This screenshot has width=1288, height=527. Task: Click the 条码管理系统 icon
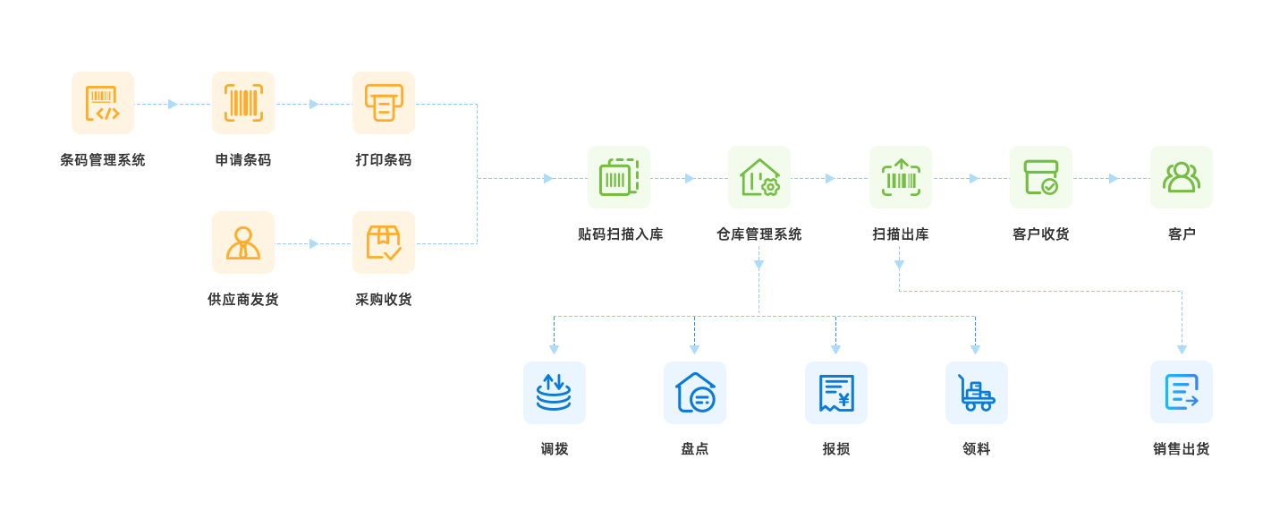(x=103, y=103)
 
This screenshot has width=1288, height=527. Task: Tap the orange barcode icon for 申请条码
(x=243, y=103)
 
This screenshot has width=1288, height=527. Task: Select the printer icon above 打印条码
(x=384, y=103)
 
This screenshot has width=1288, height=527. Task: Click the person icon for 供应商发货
(x=243, y=242)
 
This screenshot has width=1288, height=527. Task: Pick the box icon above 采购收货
(x=384, y=242)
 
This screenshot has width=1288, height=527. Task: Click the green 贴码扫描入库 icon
(x=619, y=177)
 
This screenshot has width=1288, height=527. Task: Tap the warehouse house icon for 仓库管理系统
(x=759, y=177)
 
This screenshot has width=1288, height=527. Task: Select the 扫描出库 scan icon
(x=901, y=177)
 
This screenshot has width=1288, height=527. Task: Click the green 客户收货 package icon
(x=1041, y=177)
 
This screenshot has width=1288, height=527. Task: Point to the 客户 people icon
(x=1182, y=177)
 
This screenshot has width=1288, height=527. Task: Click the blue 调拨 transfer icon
(x=555, y=393)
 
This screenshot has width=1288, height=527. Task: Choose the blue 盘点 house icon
(x=695, y=393)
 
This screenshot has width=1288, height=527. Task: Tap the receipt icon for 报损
(x=836, y=393)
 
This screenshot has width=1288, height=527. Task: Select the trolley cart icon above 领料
(x=977, y=393)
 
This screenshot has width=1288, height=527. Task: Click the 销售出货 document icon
(x=1182, y=392)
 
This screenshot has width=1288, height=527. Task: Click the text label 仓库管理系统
(x=759, y=234)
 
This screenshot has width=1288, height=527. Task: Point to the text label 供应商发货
(x=243, y=300)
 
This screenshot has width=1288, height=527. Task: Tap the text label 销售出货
(x=1182, y=449)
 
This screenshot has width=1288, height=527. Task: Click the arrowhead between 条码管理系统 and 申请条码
(x=173, y=104)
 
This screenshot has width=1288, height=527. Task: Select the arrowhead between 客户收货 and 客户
(x=1114, y=178)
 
